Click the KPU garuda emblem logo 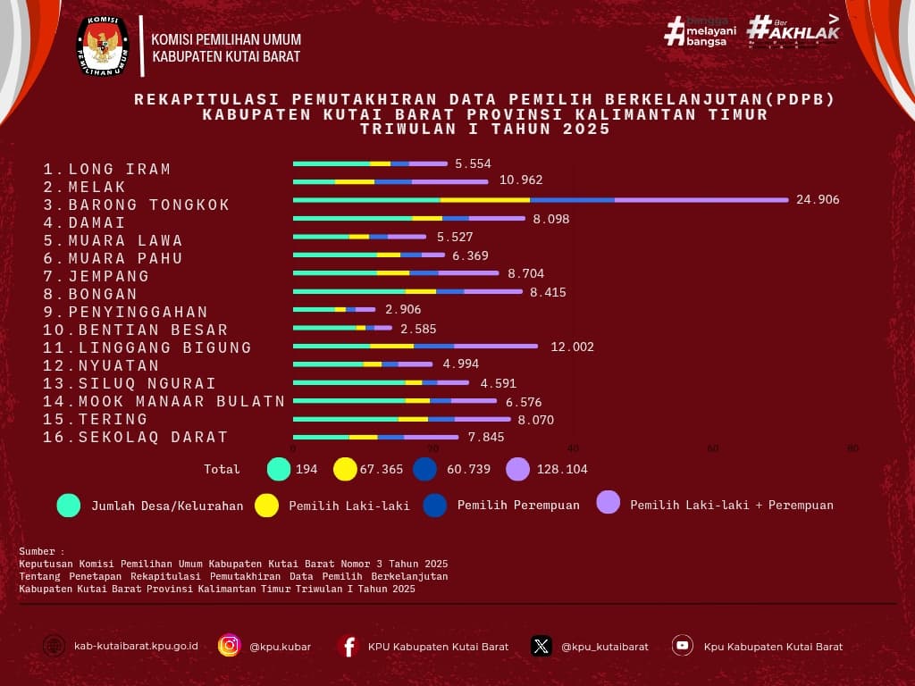102,46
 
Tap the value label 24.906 818,200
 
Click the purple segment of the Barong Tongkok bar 701,200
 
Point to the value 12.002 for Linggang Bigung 572,347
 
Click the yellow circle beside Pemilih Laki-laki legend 266,505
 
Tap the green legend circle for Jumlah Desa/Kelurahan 69,505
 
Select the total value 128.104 562,469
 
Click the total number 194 306,469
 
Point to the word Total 222,469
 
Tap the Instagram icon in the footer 230,646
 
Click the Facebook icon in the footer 348,646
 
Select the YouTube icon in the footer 683,646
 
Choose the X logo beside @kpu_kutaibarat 541,646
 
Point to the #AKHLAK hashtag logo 793,29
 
